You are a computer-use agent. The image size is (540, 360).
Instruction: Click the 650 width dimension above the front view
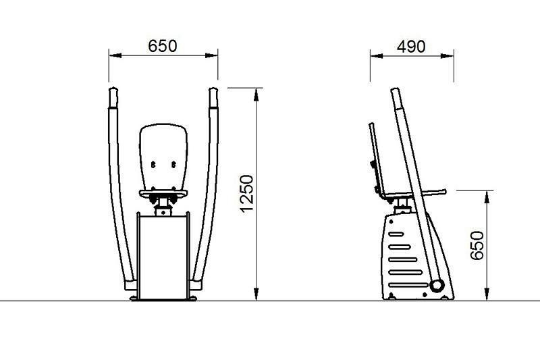click(163, 46)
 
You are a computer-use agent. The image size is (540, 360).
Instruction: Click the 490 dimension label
click(411, 47)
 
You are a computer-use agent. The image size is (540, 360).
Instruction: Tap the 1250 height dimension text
click(247, 194)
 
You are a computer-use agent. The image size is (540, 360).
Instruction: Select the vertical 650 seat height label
click(477, 245)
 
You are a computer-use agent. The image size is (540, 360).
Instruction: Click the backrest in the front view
click(163, 157)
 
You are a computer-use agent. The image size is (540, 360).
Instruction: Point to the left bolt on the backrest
click(153, 165)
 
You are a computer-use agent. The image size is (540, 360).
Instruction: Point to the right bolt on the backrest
click(174, 165)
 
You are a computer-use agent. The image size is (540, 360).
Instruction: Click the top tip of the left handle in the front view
click(113, 88)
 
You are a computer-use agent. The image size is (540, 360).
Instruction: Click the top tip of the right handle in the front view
click(213, 88)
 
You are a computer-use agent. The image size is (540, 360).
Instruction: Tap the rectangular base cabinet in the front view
click(163, 256)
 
